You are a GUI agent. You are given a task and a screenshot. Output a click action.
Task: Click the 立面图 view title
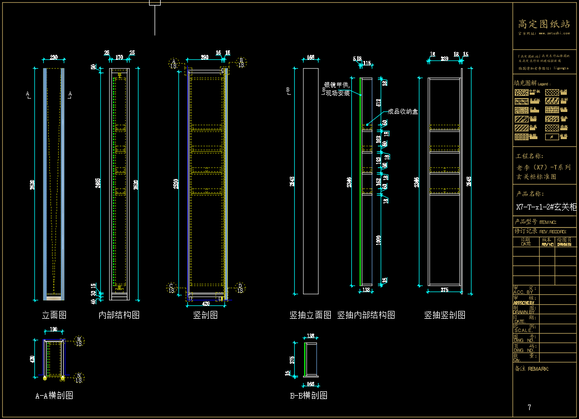click(54, 315)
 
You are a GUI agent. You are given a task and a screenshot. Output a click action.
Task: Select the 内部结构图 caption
click(119, 315)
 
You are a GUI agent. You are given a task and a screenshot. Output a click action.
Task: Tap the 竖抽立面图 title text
click(310, 315)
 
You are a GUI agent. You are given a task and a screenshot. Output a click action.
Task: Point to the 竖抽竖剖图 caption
click(444, 315)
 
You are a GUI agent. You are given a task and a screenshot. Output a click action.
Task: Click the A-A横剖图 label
click(54, 395)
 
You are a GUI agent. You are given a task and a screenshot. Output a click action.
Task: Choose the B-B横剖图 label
click(308, 395)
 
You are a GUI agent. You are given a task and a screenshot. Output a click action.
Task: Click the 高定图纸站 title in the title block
click(544, 24)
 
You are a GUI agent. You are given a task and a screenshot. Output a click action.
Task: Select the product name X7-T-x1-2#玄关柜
click(546, 207)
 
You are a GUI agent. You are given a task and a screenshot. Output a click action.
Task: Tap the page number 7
click(529, 407)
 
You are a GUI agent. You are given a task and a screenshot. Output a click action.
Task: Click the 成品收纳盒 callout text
click(403, 111)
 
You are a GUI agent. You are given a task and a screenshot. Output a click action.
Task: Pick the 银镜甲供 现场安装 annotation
click(337, 89)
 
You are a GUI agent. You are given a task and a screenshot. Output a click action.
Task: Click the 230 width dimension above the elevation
click(54, 58)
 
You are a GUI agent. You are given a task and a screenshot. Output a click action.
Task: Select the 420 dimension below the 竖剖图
click(206, 304)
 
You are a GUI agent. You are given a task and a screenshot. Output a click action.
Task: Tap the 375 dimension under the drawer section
click(444, 289)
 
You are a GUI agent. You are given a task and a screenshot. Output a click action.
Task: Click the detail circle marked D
click(240, 287)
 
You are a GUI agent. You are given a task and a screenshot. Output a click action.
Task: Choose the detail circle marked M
click(79, 340)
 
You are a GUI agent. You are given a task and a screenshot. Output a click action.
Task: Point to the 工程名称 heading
click(530, 156)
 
